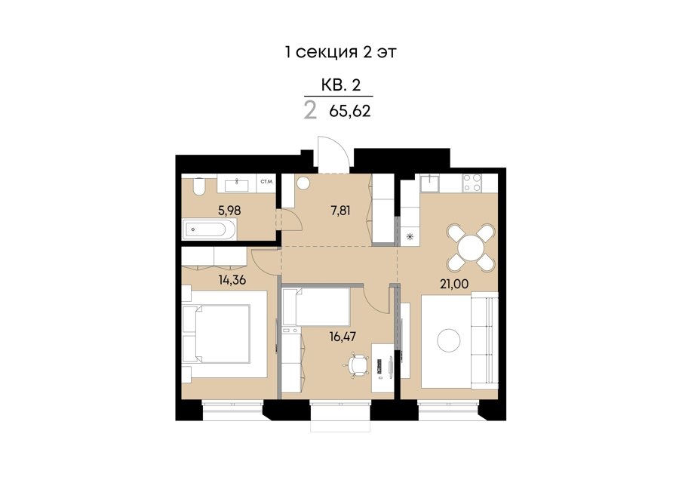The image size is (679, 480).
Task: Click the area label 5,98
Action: (229, 211)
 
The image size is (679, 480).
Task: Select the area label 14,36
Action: (232, 280)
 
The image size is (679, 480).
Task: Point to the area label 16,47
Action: (343, 336)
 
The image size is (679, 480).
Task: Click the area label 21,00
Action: (454, 285)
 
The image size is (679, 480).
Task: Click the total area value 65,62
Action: (350, 112)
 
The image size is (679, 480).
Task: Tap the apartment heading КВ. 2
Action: (341, 85)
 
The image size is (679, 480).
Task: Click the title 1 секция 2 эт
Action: (340, 52)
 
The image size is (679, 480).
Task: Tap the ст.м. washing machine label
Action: (266, 182)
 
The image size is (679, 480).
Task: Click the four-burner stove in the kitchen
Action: (472, 183)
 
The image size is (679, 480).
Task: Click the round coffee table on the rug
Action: (449, 340)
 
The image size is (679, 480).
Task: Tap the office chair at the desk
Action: (358, 365)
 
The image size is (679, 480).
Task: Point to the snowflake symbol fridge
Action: (410, 236)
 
